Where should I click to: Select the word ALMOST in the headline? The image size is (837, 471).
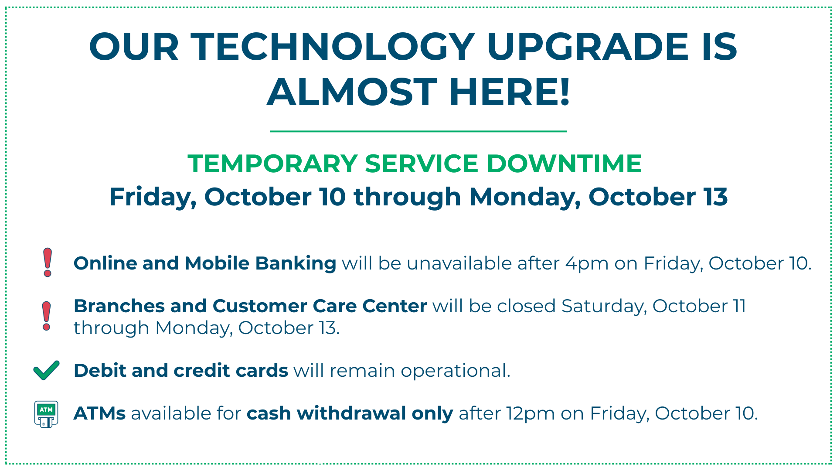[x=352, y=92]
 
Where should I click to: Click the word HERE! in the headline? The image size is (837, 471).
[x=510, y=92]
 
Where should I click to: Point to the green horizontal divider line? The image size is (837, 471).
[x=418, y=131]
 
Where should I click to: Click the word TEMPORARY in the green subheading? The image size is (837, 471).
[x=273, y=164]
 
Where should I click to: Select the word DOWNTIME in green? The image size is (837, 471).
[x=564, y=164]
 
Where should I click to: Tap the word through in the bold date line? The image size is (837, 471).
[x=407, y=197]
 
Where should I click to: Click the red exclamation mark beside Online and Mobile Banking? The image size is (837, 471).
[x=48, y=263]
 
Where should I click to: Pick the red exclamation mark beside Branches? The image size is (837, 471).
[x=47, y=316]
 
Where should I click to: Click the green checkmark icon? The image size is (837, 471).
[x=47, y=370]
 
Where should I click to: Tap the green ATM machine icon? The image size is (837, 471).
[x=46, y=414]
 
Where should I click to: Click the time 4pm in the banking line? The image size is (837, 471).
[x=587, y=264]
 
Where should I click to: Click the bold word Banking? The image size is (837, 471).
[x=296, y=264]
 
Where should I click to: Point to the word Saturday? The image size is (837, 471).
[x=604, y=307]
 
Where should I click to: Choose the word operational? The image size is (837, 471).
[x=455, y=371]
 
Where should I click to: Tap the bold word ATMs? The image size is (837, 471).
[x=99, y=413]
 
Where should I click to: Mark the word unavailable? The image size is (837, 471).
[x=459, y=264]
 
